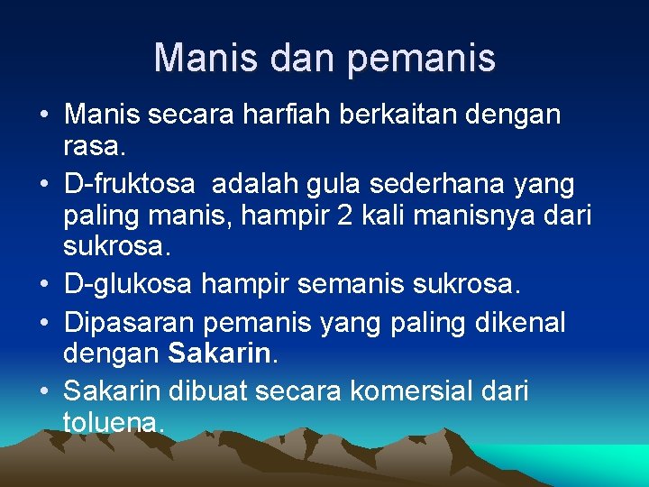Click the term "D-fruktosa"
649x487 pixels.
(x=129, y=185)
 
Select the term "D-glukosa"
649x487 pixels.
(x=128, y=285)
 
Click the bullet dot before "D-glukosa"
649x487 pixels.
(x=44, y=286)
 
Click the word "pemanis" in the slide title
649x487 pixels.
(x=421, y=58)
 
